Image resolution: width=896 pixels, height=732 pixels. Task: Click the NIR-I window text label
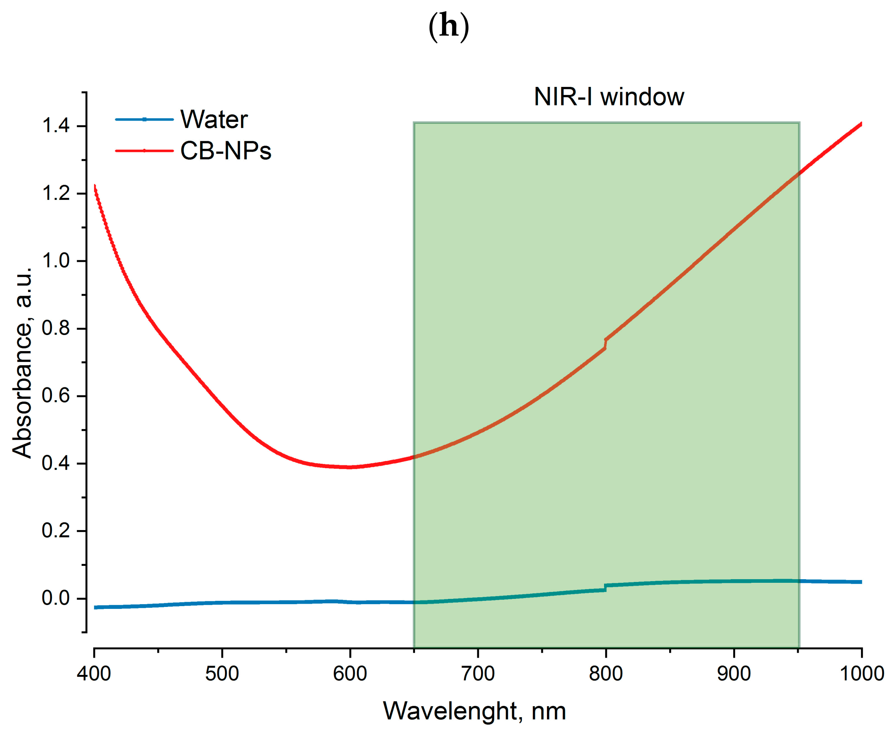[x=608, y=97]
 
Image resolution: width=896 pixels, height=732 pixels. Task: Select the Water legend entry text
[x=214, y=120]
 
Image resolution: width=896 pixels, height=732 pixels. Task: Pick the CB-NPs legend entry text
[x=226, y=151]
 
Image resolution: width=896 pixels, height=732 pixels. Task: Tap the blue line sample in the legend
[x=144, y=119]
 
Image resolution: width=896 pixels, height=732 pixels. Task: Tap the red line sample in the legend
[x=144, y=150]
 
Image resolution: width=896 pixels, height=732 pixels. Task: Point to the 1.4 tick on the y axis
[x=55, y=126]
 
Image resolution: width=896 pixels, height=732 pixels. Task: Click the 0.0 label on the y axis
[x=55, y=598]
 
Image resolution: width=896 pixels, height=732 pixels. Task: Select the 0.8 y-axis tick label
[x=55, y=329]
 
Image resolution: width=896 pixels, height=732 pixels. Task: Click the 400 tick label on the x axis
[x=94, y=674]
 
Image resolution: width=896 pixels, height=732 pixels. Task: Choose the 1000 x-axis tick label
[x=861, y=674]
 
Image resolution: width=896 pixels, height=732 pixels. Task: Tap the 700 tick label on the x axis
[x=478, y=674]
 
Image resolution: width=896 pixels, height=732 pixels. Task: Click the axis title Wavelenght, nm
[x=475, y=711]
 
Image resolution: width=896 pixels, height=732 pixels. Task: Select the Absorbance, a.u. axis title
[x=22, y=363]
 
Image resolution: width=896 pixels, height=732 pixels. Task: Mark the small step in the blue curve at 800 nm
[x=606, y=588]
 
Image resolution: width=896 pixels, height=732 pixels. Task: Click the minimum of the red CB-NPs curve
[x=349, y=467]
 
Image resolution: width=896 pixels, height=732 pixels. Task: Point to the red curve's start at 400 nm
[x=95, y=186]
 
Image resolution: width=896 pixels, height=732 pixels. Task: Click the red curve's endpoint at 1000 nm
[x=861, y=124]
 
